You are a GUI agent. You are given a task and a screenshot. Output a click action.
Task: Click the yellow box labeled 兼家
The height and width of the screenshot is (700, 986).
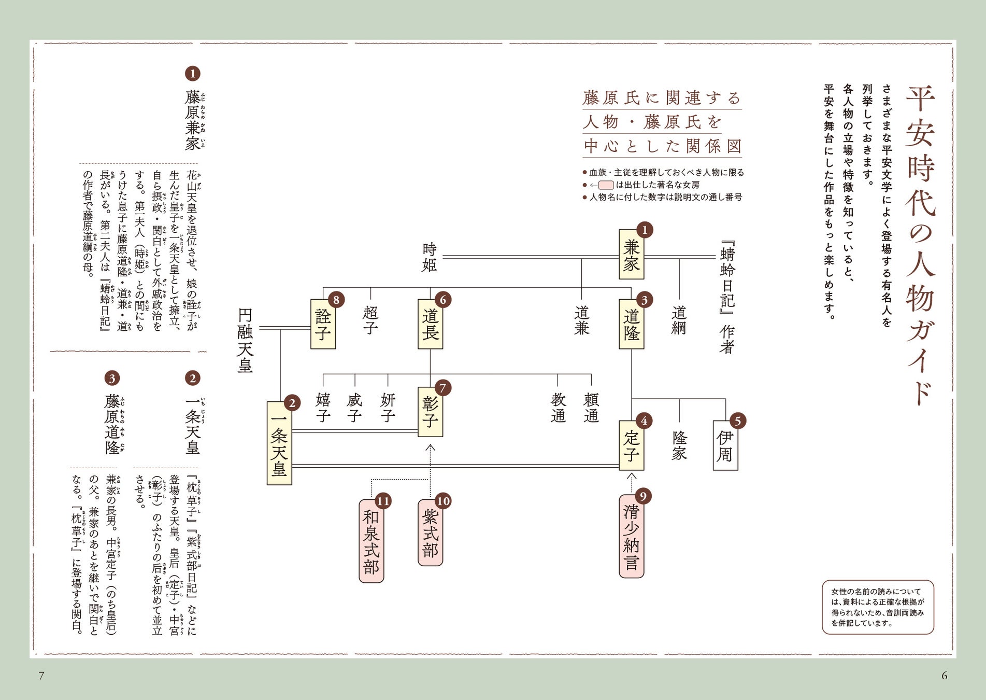[x=631, y=255]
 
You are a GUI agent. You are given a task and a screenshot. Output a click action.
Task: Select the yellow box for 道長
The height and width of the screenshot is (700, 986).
[x=430, y=324]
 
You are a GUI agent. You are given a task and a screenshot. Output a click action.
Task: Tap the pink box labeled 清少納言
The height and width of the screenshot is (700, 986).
[x=631, y=537]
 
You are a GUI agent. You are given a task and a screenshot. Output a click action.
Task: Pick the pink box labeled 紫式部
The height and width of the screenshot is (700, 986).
[x=430, y=533]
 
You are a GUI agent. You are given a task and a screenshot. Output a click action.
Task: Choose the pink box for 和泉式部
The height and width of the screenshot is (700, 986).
[x=371, y=541]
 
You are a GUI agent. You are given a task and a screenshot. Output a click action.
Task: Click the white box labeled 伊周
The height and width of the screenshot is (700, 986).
[x=725, y=446]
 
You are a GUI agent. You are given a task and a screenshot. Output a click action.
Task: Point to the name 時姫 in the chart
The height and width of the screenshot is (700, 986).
[x=429, y=257]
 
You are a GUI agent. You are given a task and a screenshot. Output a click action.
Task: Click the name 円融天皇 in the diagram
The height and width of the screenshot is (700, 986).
[x=245, y=341]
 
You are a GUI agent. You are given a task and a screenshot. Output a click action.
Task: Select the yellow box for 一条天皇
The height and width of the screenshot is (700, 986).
[x=279, y=443]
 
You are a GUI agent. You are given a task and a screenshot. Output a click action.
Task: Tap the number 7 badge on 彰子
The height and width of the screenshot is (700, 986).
[x=442, y=388]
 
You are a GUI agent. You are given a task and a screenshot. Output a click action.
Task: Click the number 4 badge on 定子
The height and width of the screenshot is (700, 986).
[x=644, y=421]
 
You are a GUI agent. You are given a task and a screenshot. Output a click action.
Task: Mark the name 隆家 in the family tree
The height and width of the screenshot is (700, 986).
[x=679, y=445]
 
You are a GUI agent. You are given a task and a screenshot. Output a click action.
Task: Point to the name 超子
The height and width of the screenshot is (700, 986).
[x=370, y=320]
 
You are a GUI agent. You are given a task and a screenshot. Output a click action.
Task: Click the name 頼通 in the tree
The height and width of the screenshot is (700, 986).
[x=591, y=408]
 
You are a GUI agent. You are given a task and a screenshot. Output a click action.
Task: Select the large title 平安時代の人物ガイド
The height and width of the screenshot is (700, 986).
[x=920, y=244]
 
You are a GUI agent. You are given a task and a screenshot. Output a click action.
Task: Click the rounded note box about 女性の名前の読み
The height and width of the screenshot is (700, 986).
[x=878, y=607]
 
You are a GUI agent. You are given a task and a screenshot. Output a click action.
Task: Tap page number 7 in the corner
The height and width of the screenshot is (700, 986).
[x=41, y=675]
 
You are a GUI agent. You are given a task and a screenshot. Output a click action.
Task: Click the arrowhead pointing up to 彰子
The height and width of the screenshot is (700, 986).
[x=430, y=447]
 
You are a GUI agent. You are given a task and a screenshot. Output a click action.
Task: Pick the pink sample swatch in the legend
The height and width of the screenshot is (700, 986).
[x=606, y=185]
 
